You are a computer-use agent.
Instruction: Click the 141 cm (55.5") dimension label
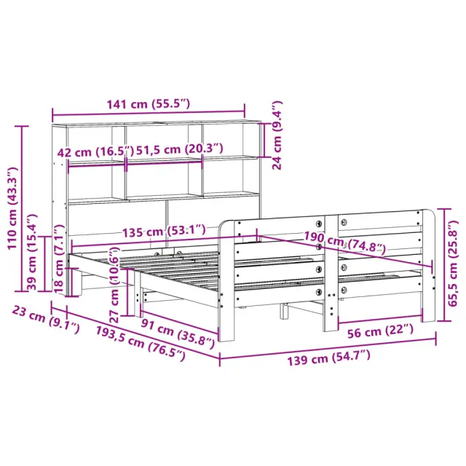148,104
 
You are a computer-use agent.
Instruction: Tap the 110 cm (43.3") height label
13,208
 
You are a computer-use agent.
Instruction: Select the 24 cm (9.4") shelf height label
277,135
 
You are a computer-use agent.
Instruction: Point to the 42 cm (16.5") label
95,152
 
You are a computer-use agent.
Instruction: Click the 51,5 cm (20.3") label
180,149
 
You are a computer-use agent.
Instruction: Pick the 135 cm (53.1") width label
164,231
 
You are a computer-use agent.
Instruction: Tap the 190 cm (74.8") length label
344,242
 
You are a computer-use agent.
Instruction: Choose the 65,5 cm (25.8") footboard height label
453,264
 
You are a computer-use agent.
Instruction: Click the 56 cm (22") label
381,331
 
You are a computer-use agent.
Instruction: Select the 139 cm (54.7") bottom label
328,358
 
